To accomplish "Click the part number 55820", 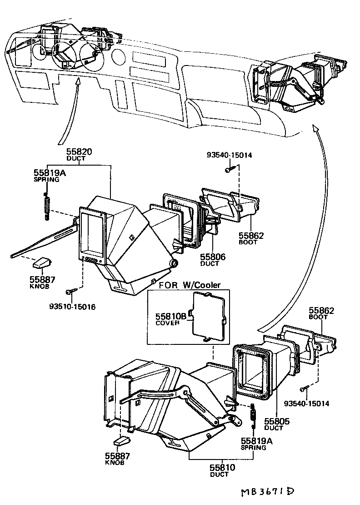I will tap(79, 152).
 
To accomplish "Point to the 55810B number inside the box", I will tap(171, 316).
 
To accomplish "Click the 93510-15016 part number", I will tap(72, 307).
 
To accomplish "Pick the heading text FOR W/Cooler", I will tap(190, 285).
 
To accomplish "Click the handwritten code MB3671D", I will tap(267, 492).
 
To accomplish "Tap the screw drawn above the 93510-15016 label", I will tap(71, 291).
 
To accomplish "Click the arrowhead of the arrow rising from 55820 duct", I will tap(78, 81).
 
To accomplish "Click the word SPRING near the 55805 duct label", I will tap(254, 448).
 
